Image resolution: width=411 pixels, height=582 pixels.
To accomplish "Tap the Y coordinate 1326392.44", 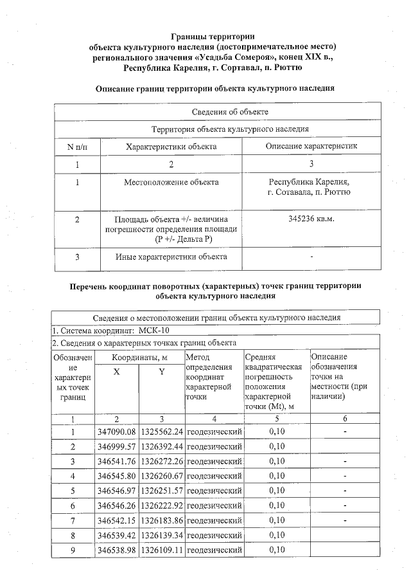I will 162,447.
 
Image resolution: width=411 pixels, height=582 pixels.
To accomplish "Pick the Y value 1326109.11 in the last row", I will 162,550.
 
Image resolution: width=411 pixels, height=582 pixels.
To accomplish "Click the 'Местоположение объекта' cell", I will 171,182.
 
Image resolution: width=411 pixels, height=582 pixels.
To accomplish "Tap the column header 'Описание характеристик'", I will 311,147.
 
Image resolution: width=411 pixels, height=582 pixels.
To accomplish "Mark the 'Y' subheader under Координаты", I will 162,372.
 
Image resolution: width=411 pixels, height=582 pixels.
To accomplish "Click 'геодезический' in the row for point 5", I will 214,491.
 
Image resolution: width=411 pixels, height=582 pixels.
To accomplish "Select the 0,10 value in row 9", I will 276,550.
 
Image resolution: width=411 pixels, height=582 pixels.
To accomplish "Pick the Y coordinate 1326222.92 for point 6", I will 162,506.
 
